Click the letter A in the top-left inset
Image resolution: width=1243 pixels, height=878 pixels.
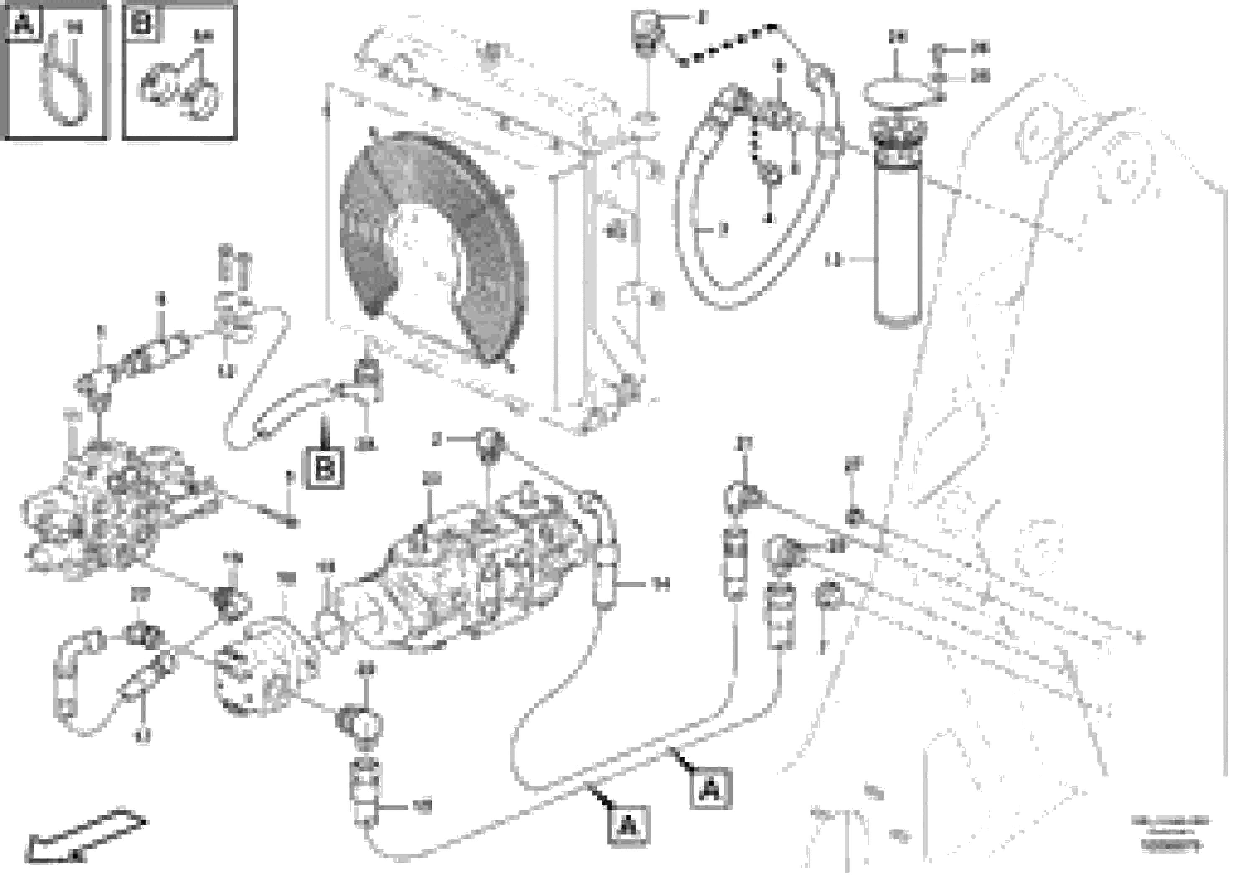click(x=22, y=23)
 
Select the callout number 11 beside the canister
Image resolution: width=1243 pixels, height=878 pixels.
click(x=834, y=261)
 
